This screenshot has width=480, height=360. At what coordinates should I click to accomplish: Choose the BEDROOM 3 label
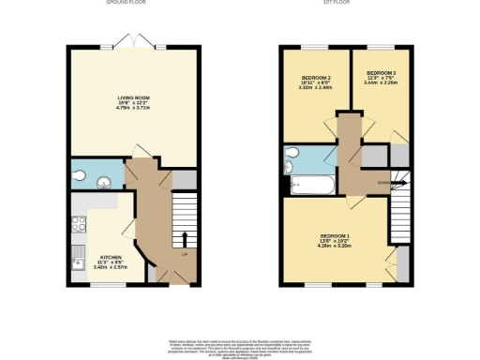[381, 72]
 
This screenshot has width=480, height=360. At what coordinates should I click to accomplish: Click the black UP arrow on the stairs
[186, 238]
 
